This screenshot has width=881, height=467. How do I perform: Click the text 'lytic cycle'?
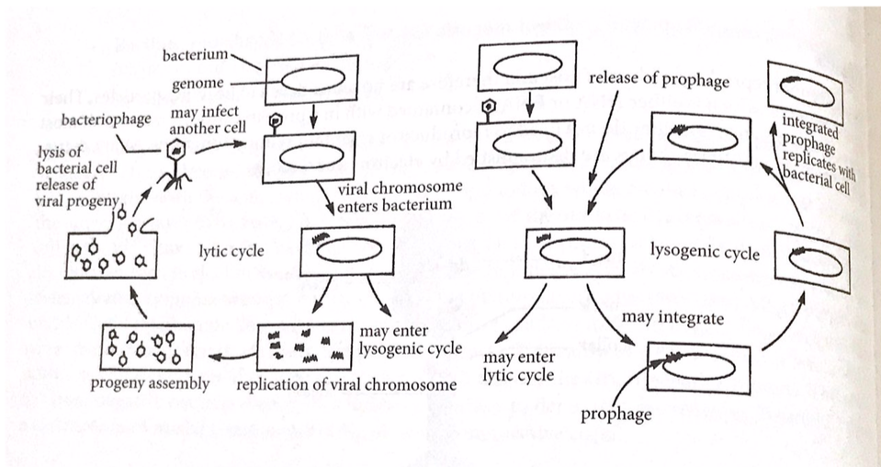coord(232,250)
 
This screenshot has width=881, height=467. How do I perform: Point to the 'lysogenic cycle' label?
coord(705,251)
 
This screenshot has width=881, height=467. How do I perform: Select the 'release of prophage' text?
coord(659,79)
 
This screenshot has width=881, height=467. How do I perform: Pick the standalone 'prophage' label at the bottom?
coord(616,414)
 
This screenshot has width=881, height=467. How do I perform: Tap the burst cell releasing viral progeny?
coord(110,253)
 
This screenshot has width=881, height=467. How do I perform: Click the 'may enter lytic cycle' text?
coord(519,365)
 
